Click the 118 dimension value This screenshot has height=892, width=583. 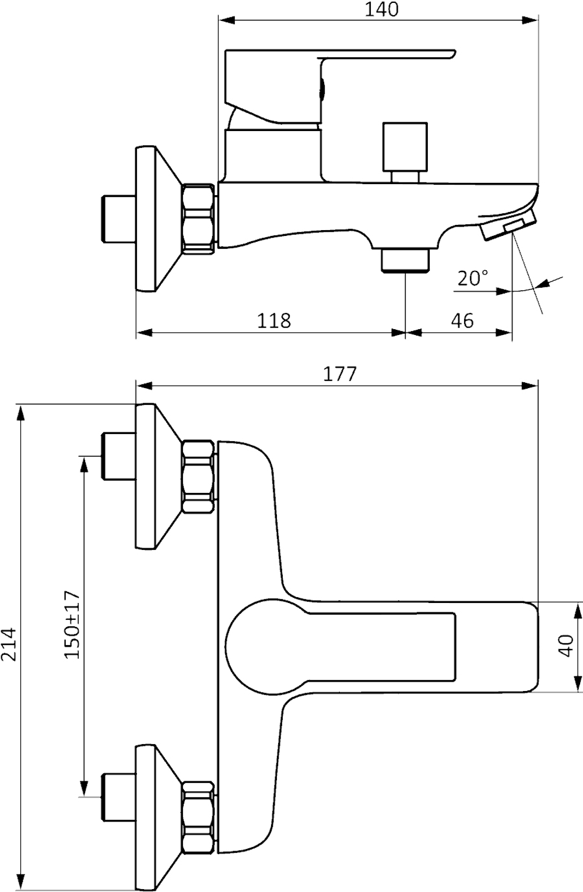pyautogui.click(x=274, y=320)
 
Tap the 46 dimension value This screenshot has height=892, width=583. pyautogui.click(x=462, y=320)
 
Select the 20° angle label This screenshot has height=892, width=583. pyautogui.click(x=473, y=278)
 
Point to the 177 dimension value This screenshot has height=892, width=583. pyautogui.click(x=339, y=373)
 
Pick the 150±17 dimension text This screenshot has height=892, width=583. pyautogui.click(x=71, y=624)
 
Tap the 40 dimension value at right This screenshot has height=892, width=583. pyautogui.click(x=566, y=645)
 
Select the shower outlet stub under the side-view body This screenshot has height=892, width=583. pyautogui.click(x=405, y=259)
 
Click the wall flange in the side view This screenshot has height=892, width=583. pyautogui.click(x=153, y=218)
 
